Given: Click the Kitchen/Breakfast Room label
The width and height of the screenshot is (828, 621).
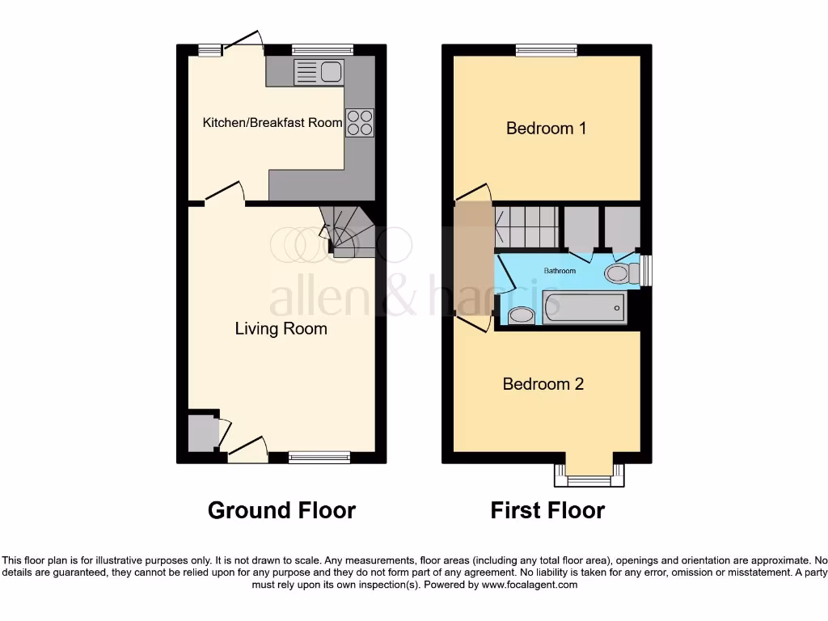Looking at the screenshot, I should coord(272,123).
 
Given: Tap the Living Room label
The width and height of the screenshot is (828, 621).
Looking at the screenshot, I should coord(281,329).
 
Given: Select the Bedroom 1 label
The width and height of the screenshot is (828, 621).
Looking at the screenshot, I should coord(546,128).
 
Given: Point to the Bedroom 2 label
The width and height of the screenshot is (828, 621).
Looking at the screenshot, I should coord(543,384).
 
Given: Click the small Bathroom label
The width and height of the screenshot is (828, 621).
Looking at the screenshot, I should coord(560,271).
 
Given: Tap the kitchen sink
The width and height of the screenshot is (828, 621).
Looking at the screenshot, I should coord(320,72).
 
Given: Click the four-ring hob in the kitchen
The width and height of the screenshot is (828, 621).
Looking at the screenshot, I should coord(360,122).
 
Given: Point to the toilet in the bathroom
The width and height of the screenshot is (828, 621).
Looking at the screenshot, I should coord(619,272).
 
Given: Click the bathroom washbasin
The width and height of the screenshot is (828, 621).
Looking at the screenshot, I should coord(520,315).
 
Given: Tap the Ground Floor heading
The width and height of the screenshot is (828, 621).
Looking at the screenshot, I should coord(281,511).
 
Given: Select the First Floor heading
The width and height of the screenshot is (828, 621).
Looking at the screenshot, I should coord(547,511).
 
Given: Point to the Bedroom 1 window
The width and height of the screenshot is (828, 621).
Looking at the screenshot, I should coord(547,50).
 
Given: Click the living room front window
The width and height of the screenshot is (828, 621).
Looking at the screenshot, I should coord(319,458).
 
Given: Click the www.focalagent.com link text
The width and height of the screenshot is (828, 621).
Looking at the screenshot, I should coord(530,585).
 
